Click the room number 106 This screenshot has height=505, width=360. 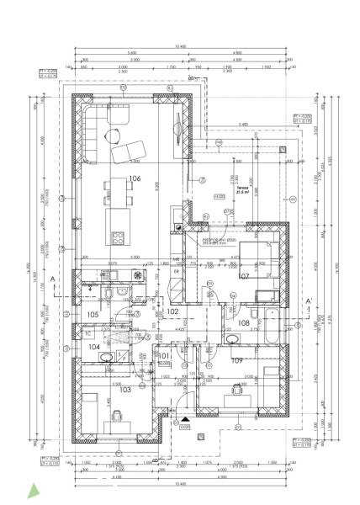click(x=134, y=178)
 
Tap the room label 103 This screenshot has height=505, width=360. click(x=125, y=390)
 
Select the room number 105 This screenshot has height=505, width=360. click(x=93, y=315)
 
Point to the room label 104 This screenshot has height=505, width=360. click(x=94, y=346)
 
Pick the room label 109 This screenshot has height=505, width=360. click(x=237, y=361)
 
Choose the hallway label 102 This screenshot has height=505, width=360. click(x=173, y=311)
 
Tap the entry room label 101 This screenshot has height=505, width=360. click(x=166, y=355)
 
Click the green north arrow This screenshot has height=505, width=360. click(x=33, y=489)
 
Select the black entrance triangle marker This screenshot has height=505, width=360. click(x=184, y=418)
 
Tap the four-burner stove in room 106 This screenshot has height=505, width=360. click(x=119, y=235)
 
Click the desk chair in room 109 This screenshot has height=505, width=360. click(x=237, y=390)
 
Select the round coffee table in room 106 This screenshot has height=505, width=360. click(x=114, y=132)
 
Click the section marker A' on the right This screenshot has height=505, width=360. click(x=310, y=301)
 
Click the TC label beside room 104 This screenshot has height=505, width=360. click(x=88, y=332)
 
